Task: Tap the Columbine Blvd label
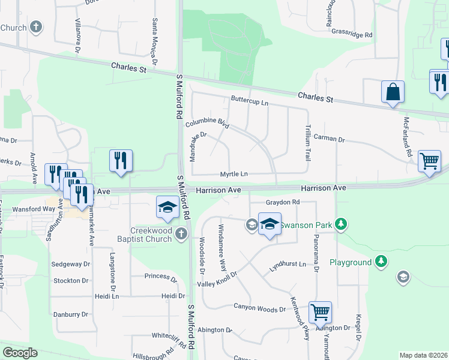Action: (x=208, y=123)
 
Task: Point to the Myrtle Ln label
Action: (x=234, y=174)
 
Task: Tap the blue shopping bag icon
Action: (x=393, y=92)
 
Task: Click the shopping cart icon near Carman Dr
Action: (x=429, y=161)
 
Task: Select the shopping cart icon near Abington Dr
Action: (x=321, y=312)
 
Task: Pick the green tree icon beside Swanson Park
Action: (x=341, y=224)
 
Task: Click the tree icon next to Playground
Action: (x=380, y=261)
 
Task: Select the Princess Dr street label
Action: (x=161, y=277)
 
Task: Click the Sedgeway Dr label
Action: (x=71, y=264)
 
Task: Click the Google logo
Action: (x=20, y=353)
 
